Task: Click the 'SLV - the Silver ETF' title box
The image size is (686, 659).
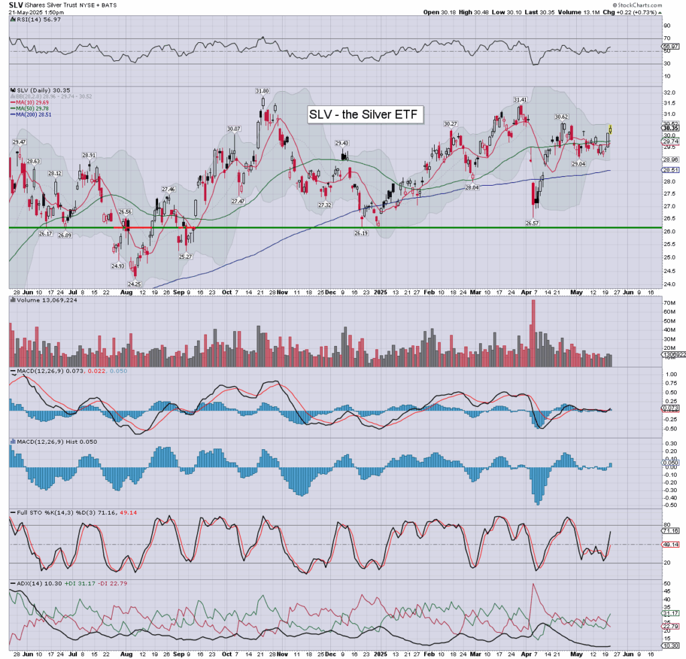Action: [365, 115]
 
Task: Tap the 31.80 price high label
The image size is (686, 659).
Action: [262, 91]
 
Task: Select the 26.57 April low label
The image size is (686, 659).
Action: [533, 223]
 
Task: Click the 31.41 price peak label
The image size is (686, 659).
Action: [520, 99]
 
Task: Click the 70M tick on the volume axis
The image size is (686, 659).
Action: [669, 303]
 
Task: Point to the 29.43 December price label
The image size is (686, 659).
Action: [342, 143]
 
